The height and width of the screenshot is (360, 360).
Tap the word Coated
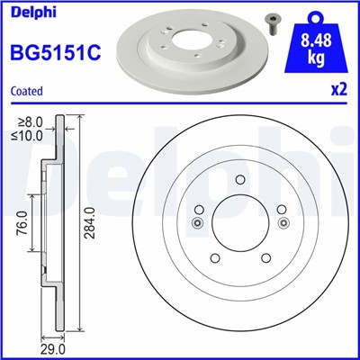pos(28,91)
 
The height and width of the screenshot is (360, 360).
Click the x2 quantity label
pos(338,91)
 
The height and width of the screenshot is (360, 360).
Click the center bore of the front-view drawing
pos(238,224)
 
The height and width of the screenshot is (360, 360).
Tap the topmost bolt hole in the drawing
pos(238,178)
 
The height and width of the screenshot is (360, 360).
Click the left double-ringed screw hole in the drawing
pos(198,224)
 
